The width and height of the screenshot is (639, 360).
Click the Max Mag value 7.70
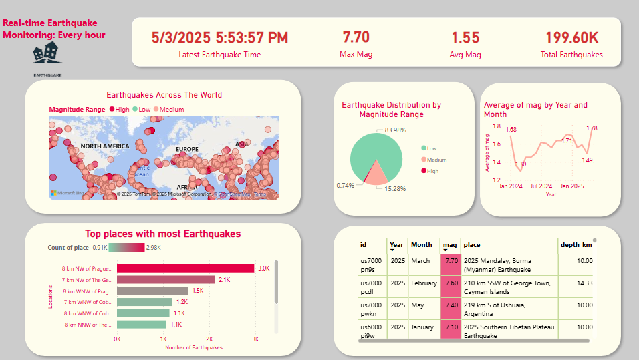pyautogui.click(x=356, y=37)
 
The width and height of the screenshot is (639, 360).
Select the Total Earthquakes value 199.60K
pyautogui.click(x=571, y=37)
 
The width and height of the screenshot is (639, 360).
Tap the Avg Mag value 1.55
pyautogui.click(x=465, y=37)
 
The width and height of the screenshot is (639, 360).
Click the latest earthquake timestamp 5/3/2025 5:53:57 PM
pyautogui.click(x=220, y=37)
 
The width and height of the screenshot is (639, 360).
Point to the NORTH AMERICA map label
pyautogui.click(x=105, y=146)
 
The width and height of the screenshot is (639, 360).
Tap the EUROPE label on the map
pyautogui.click(x=187, y=149)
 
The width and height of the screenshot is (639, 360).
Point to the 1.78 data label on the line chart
pyautogui.click(x=592, y=128)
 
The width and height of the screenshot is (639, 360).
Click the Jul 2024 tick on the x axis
pyautogui.click(x=541, y=186)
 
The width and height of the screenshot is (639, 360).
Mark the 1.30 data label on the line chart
pyautogui.click(x=521, y=164)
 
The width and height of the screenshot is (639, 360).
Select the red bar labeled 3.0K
pyautogui.click(x=185, y=268)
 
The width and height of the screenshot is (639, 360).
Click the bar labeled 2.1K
pyautogui.click(x=166, y=279)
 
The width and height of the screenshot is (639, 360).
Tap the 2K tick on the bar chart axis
pyautogui.click(x=209, y=339)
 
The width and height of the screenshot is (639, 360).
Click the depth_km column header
pyautogui.click(x=576, y=245)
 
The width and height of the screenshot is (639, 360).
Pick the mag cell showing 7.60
pyautogui.click(x=451, y=283)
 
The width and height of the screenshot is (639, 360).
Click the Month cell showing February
pyautogui.click(x=424, y=283)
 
